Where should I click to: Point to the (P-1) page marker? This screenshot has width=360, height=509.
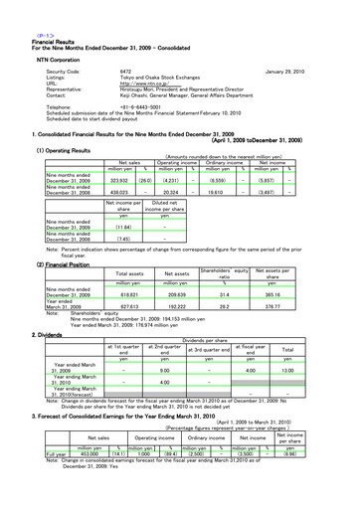pyautogui.click(x=14, y=7)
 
